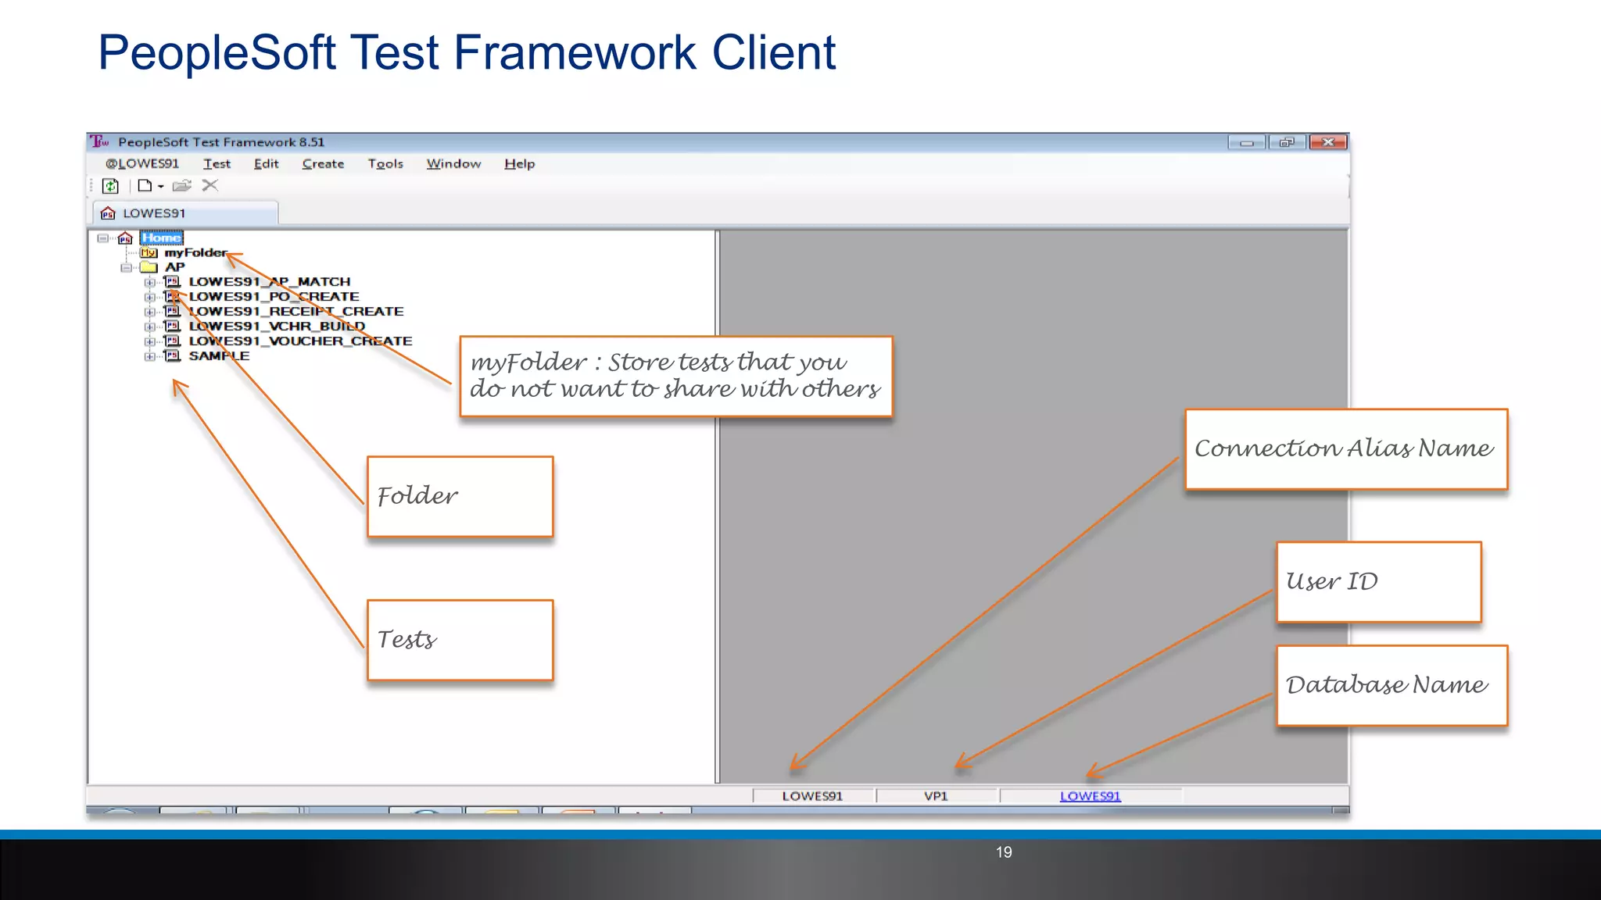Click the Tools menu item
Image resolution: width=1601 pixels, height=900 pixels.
tap(385, 164)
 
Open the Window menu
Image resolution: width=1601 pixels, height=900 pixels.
tap(453, 164)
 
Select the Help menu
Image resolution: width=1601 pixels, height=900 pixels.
tap(519, 164)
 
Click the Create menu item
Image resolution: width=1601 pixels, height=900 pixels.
tap(323, 164)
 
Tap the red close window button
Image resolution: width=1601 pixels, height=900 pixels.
tap(1327, 142)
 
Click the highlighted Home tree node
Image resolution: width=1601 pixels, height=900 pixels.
tap(162, 237)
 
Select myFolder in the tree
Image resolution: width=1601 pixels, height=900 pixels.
tap(195, 252)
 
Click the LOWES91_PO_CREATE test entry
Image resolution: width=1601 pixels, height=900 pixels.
tap(274, 297)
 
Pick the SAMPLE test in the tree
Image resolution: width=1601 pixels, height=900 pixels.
tap(219, 356)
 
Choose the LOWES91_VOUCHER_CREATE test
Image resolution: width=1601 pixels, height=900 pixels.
tap(300, 341)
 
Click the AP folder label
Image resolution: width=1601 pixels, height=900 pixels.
tap(174, 267)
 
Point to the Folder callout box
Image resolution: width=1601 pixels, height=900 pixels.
tap(460, 497)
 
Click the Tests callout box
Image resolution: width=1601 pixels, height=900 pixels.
tap(460, 640)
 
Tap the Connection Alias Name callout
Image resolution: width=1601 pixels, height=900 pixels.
tap(1345, 449)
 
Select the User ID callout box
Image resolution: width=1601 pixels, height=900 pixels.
tap(1378, 582)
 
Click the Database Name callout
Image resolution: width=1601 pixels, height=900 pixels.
tap(1391, 685)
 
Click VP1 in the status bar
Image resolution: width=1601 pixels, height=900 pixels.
tap(936, 796)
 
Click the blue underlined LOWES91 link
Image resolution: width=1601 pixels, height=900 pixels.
tap(1090, 796)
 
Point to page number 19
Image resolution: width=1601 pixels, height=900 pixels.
tap(1004, 852)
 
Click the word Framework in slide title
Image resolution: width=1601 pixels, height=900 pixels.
tap(575, 53)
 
